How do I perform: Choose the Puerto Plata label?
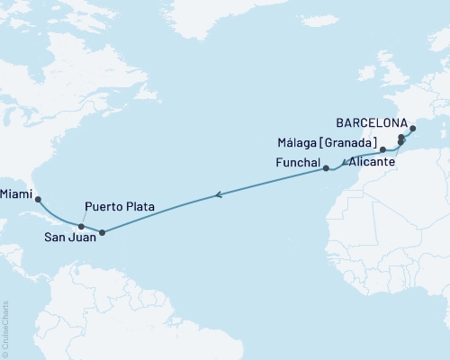120,206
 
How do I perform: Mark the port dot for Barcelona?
412,129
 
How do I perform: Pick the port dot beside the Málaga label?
382,149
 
